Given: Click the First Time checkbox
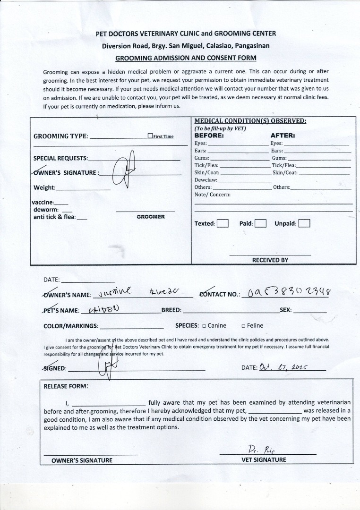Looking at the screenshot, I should point(150,136).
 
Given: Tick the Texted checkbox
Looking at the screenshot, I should point(223,223).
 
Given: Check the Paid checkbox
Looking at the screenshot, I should point(260,223).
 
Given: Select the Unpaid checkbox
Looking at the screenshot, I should point(304,223).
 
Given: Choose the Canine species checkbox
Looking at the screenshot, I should point(204,326).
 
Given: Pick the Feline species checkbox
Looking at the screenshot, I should point(243,326).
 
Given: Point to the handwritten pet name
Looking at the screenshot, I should point(104,309).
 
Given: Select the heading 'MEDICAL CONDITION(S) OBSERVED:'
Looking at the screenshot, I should point(250,121).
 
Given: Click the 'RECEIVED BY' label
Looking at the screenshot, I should point(270,260).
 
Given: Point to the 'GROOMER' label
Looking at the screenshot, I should point(151,217).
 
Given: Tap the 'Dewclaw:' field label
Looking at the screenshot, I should point(206,180).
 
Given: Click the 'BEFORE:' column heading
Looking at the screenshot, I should point(209,136).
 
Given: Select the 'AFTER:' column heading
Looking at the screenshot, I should point(283,136).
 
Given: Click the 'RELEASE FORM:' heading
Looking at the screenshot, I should point(66,386).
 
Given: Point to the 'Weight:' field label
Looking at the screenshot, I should point(44,188).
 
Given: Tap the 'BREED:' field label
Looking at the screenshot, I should point(171,311).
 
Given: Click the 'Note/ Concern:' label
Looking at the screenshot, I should point(213,195).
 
